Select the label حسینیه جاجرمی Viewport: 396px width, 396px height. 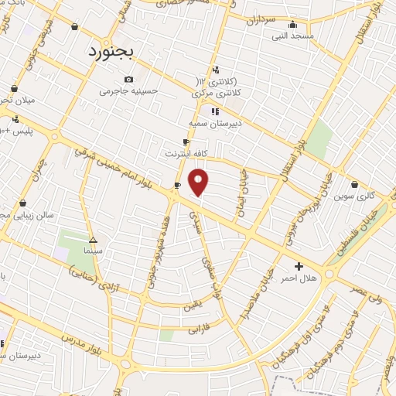coord(128,90)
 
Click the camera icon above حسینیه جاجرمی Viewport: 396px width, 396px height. coord(128,79)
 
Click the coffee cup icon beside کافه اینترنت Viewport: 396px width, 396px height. coord(186,142)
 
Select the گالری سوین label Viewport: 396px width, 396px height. coord(354,196)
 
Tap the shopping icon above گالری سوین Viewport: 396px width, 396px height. coord(354,184)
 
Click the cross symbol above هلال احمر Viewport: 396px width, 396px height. coord(299,266)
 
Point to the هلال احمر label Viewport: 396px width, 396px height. coord(299,277)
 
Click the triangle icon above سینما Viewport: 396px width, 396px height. coord(93,240)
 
